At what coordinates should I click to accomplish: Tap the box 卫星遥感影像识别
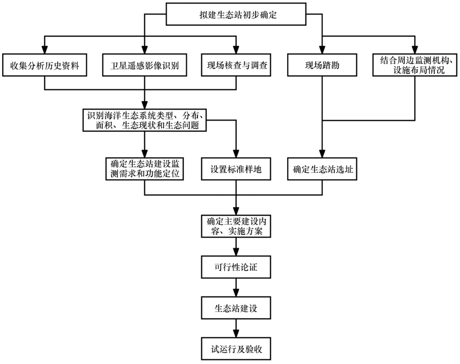[x=145, y=65]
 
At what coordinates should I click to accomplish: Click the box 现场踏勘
[x=322, y=65]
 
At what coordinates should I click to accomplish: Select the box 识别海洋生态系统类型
[x=145, y=120]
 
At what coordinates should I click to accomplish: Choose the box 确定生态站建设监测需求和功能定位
[x=145, y=169]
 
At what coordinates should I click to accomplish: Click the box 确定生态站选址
[x=322, y=169]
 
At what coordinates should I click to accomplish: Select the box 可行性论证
[x=236, y=267]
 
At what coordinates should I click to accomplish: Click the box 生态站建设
[x=236, y=308]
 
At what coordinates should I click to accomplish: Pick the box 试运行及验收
[x=236, y=349]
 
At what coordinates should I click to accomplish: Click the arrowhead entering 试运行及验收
[x=236, y=335]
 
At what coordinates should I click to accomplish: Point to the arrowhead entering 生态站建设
[x=236, y=294]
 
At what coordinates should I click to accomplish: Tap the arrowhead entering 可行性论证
[x=236, y=253]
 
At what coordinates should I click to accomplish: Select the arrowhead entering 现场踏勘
[x=322, y=50]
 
